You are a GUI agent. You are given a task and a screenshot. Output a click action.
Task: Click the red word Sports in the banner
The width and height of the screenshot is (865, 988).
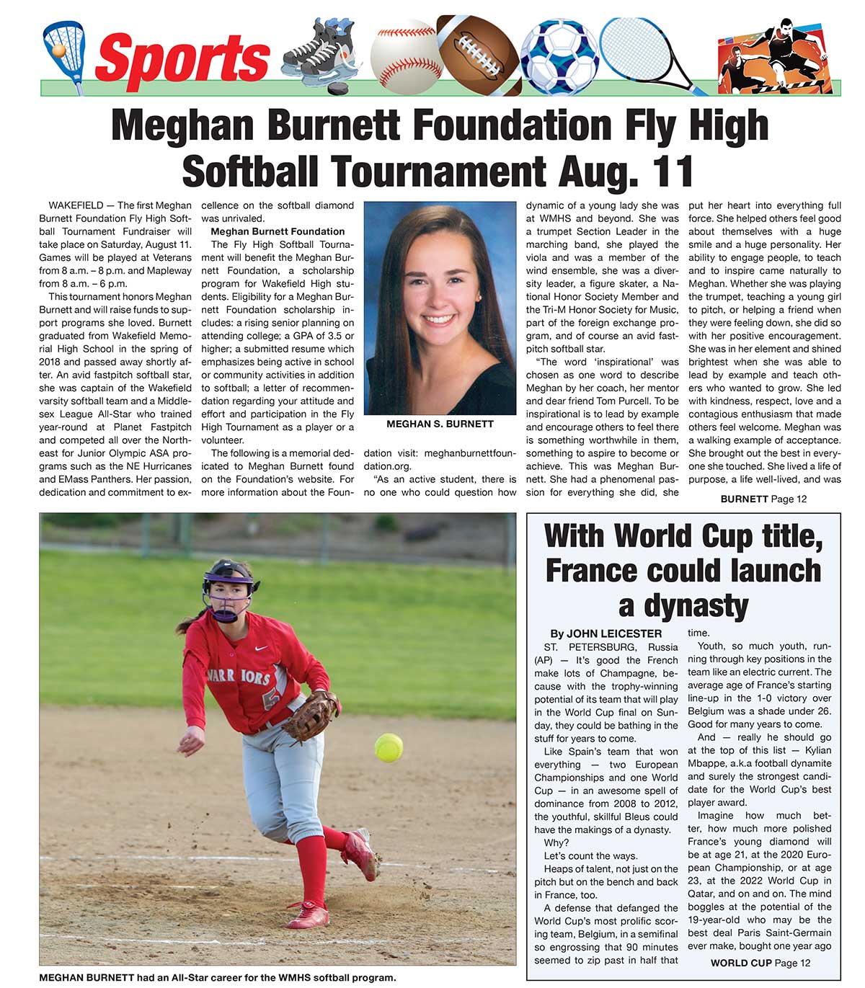pos(182,58)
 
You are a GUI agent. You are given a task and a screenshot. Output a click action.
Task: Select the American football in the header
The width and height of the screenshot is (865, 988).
pos(478,55)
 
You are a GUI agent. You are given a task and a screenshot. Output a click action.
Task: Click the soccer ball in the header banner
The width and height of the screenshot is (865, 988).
pos(559,58)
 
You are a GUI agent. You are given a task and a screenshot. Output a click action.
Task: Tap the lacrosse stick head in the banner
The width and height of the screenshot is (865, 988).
pos(63,48)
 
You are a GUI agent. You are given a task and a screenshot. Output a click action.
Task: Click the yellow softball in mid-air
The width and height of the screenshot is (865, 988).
pos(389,747)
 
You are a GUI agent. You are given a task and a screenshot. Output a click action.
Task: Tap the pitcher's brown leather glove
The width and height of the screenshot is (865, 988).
pos(311,716)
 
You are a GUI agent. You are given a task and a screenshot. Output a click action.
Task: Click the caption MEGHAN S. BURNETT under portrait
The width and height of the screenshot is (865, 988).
pos(440,424)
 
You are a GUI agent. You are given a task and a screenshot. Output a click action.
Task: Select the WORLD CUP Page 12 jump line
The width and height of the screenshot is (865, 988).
pos(760,963)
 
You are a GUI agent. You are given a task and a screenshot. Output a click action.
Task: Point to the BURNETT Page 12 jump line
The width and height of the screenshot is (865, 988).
pos(763,499)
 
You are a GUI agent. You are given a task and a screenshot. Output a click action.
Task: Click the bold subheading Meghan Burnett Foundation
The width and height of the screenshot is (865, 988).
pos(278,231)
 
